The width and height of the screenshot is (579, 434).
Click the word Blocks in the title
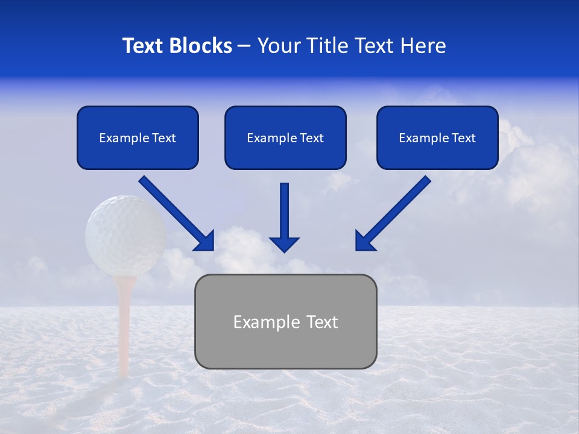201,46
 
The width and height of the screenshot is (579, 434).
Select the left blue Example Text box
138,138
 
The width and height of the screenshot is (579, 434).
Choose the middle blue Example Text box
285,138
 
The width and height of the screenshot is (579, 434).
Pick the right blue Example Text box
437,138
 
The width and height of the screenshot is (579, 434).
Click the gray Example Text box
285,322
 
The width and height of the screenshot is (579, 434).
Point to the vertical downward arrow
284,217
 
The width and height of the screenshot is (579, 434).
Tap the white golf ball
125,235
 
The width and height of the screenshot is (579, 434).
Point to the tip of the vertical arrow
284,250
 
